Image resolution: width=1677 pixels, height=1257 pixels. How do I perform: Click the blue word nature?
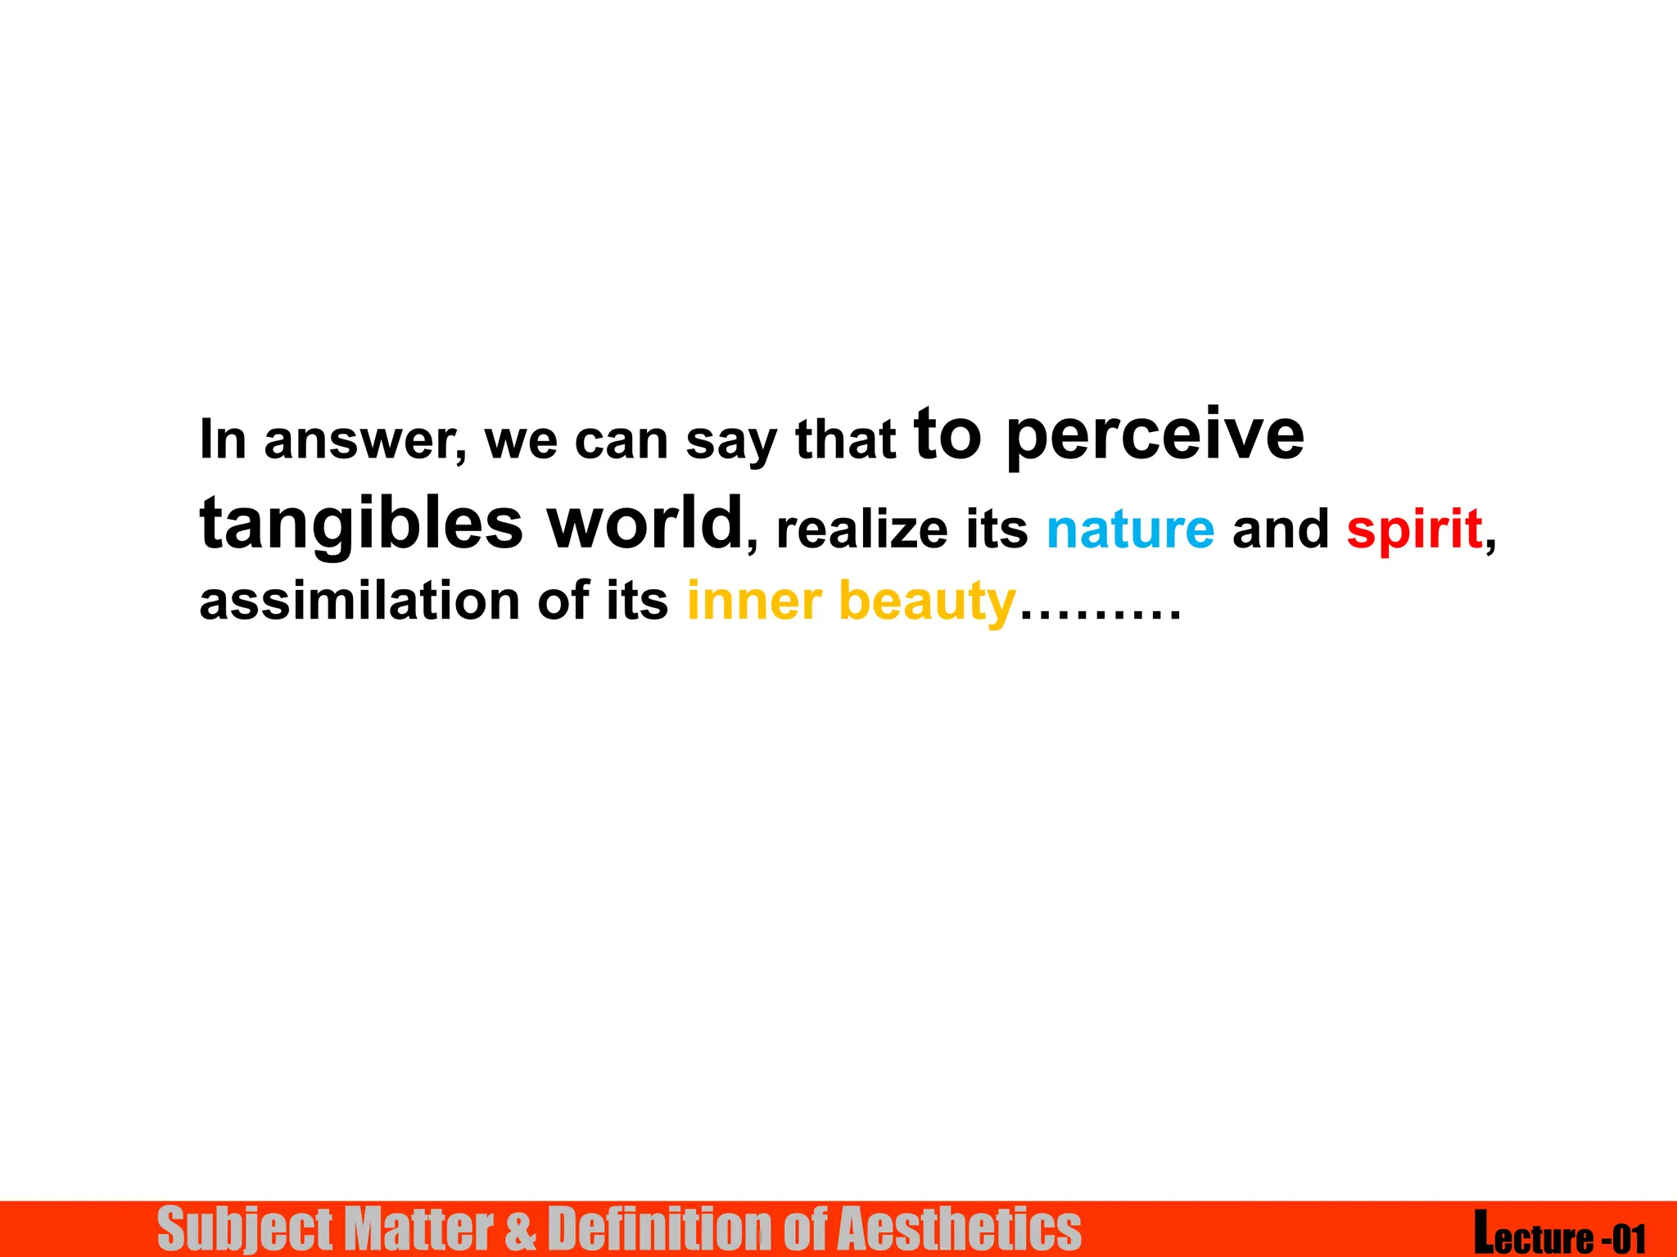(1130, 529)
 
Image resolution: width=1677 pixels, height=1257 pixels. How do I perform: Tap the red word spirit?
(1414, 529)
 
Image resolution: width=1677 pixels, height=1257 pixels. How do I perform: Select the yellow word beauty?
(927, 602)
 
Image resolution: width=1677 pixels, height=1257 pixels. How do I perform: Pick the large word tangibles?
(361, 524)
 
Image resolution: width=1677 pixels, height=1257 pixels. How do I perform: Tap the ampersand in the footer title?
(521, 1229)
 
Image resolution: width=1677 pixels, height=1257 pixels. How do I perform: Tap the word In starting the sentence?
(223, 440)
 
